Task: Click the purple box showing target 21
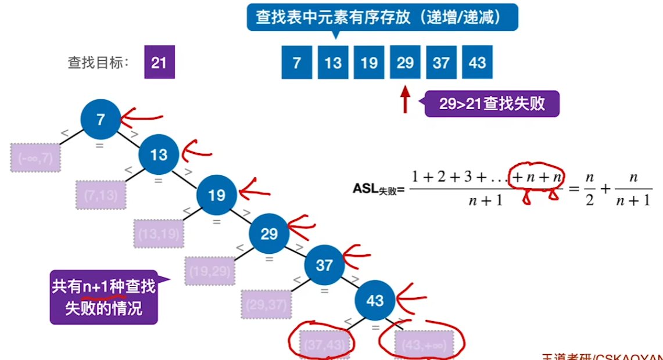coord(159,63)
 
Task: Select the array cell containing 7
coord(297,63)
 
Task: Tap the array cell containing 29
coord(405,63)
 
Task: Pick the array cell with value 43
coord(477,63)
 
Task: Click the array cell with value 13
coord(333,63)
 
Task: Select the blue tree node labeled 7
coord(101,120)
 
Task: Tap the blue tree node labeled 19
coord(217,195)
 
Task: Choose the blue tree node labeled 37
coord(324,265)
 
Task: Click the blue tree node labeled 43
coord(375,300)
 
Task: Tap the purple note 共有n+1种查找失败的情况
coord(104,297)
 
